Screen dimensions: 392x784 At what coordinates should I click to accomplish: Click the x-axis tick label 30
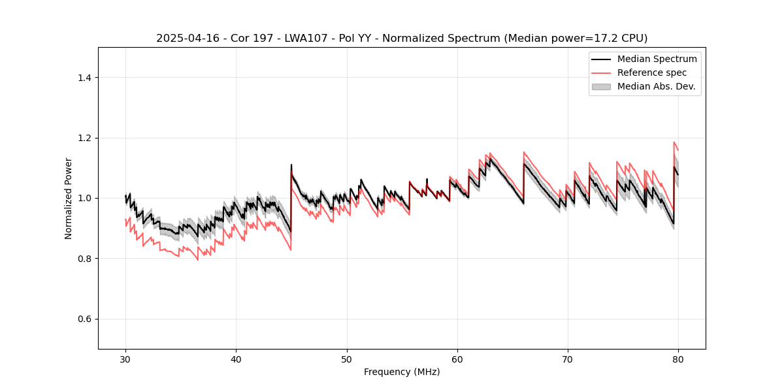[125, 359]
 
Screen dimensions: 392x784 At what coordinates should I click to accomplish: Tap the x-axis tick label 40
[236, 359]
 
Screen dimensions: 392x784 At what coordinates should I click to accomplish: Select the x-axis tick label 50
[346, 359]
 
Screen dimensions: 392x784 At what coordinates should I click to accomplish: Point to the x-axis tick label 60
[457, 359]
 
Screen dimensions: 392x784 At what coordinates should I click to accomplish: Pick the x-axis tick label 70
[568, 359]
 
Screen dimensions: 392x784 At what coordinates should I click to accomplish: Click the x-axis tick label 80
[678, 359]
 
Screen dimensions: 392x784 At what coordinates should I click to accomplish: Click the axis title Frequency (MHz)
[402, 372]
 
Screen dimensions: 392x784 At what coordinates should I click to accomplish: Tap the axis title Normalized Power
[69, 198]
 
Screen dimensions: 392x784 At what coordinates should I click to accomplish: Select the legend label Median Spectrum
[657, 59]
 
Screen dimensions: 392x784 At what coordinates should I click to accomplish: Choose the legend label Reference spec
[652, 73]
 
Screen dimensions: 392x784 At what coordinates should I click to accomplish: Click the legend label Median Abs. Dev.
[656, 86]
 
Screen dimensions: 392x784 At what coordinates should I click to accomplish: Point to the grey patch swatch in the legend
[601, 86]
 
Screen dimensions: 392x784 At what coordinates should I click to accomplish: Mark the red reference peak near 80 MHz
[674, 142]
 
